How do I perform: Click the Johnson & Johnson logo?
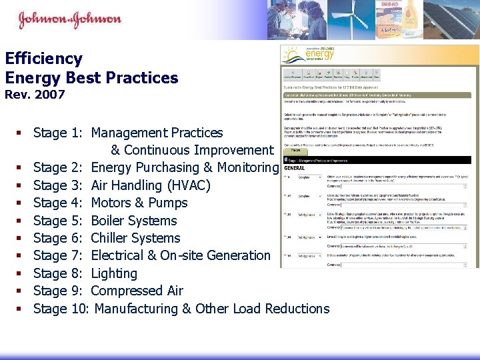(x=69, y=19)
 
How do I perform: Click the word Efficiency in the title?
(x=43, y=59)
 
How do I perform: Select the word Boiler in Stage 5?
(x=111, y=221)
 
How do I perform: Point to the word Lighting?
(x=114, y=273)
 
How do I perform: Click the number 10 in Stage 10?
(x=78, y=309)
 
